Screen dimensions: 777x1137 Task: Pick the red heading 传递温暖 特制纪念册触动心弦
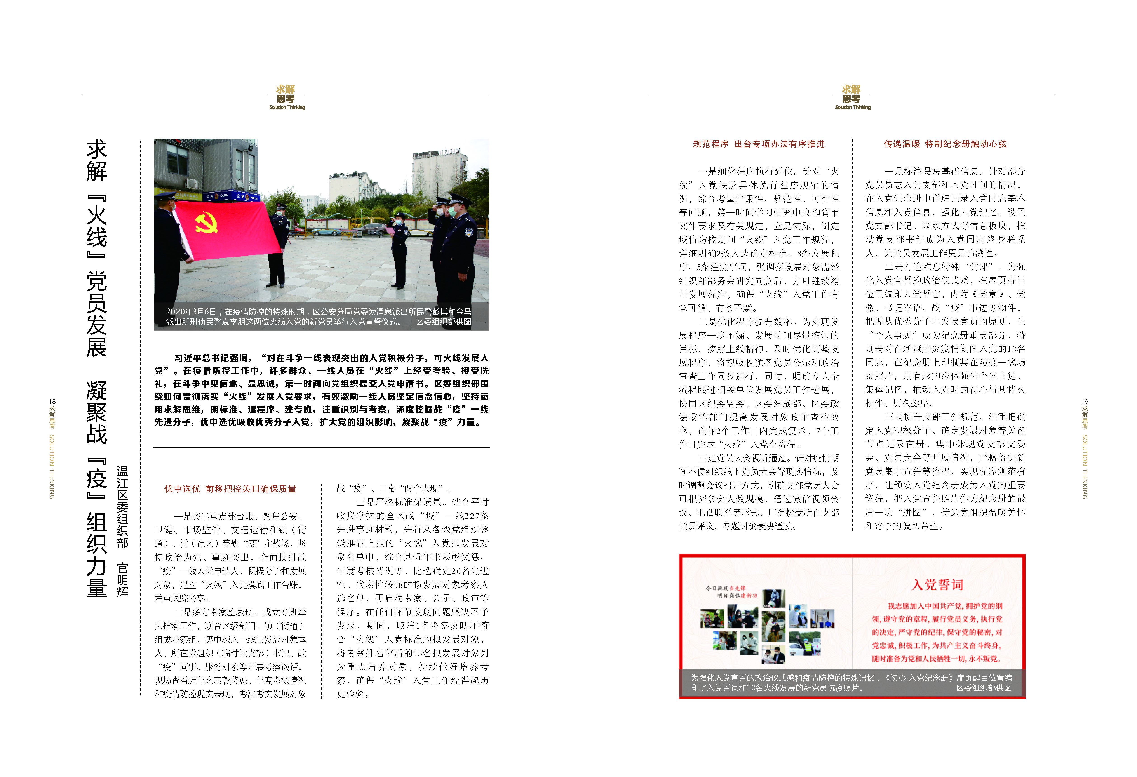tap(945, 144)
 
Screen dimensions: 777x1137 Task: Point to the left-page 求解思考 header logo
tap(286, 97)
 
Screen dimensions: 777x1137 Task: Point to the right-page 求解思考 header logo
tap(852, 97)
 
